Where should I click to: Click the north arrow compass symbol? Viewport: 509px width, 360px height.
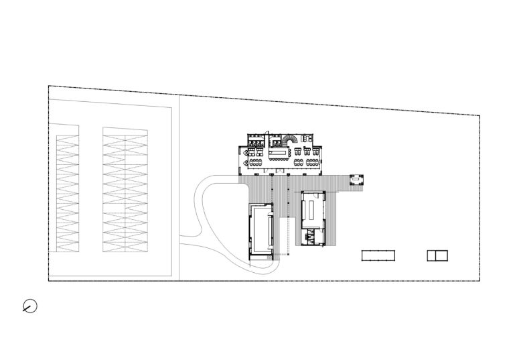[29, 306]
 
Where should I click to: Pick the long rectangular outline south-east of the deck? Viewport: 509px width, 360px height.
[378, 255]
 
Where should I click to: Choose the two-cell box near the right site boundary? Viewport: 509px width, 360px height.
[437, 255]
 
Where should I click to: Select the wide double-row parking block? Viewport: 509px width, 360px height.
[125, 190]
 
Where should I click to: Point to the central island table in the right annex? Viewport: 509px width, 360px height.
[313, 211]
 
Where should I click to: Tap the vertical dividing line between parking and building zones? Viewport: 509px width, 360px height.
[180, 188]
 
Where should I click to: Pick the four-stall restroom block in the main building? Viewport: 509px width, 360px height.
[255, 141]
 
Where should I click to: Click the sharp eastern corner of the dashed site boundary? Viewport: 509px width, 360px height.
[480, 116]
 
